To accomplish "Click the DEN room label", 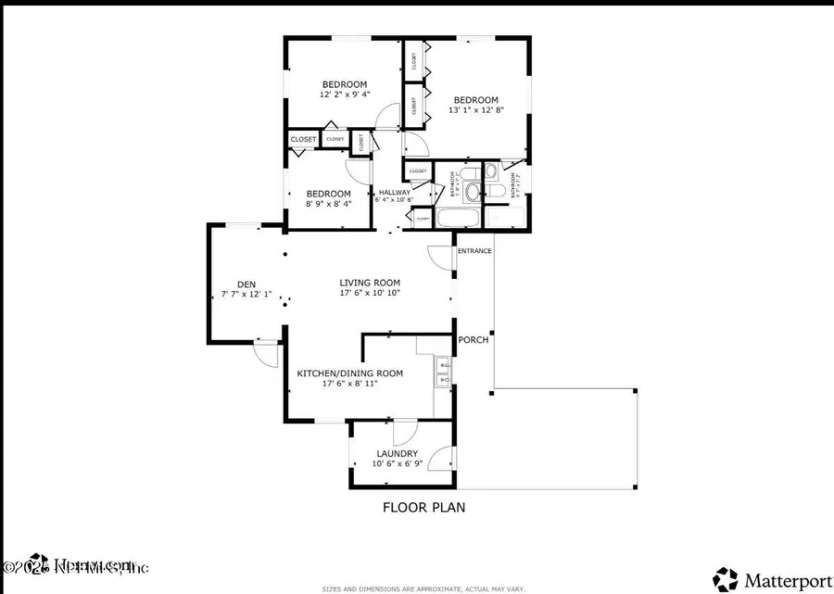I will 246,284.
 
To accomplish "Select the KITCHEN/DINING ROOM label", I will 349,373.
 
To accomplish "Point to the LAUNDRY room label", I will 397,453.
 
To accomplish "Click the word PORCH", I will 474,340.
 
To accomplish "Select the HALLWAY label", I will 395,193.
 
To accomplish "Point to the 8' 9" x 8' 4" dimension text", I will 328,205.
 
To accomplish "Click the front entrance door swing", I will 439,258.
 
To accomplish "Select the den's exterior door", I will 266,354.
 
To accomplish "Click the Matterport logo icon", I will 727,577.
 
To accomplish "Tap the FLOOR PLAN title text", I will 423,507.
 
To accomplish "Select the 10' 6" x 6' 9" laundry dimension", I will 397,463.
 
